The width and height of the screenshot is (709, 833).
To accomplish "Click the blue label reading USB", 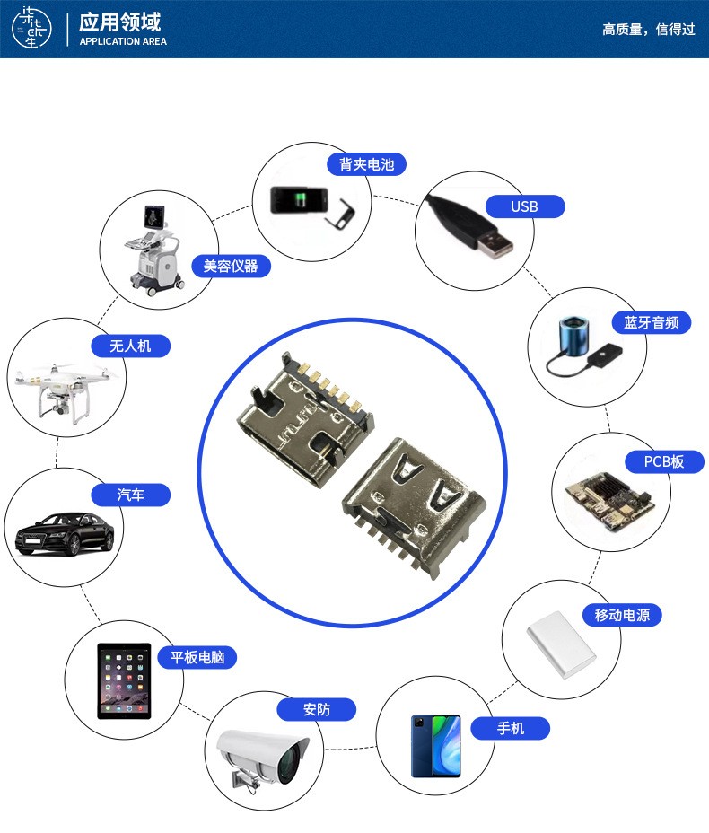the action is [x=525, y=206].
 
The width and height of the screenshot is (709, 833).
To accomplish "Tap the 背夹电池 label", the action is [x=366, y=164].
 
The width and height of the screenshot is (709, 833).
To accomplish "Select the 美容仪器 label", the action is [x=231, y=266].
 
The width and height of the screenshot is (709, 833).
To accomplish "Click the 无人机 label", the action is [x=130, y=346].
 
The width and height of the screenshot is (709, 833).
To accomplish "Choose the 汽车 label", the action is [x=130, y=495].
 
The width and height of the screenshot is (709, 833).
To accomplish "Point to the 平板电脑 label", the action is [x=197, y=657].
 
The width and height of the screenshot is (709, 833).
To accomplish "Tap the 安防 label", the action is [x=317, y=709].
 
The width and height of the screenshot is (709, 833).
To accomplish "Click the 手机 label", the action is [x=511, y=728].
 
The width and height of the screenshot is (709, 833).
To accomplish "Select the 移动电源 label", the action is [x=622, y=615].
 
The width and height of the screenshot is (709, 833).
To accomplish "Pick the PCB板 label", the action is [x=664, y=461].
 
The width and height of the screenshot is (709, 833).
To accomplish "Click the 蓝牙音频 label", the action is [x=651, y=322].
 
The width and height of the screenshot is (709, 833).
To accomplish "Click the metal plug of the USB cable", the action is [x=494, y=245].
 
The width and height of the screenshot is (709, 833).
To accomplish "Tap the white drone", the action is [x=65, y=391].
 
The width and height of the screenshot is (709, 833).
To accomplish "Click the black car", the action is [x=65, y=533].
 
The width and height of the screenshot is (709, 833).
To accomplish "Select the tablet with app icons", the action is [x=124, y=681].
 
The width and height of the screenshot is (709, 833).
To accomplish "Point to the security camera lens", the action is [x=289, y=766].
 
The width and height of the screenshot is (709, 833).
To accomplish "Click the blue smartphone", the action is [x=435, y=747].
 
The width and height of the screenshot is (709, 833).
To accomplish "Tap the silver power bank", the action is [x=561, y=644].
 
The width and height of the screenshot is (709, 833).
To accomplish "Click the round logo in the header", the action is [x=32, y=28].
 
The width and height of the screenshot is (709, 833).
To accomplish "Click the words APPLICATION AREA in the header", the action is [x=123, y=41].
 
